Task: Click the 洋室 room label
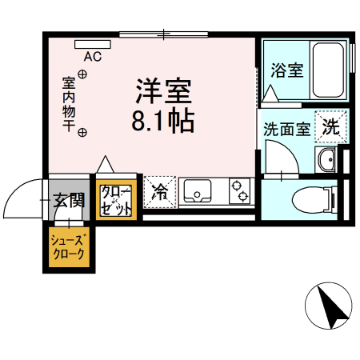[x=166, y=90]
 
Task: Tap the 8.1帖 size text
[x=166, y=122]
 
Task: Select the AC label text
[x=93, y=57]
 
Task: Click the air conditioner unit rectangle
[x=93, y=44]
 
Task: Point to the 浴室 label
[x=286, y=70]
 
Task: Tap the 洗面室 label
[x=286, y=128]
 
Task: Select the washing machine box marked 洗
[x=330, y=125]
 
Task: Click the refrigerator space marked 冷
[x=159, y=191]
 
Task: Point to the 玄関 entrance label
[x=68, y=200]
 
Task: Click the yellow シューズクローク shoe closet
[x=68, y=249]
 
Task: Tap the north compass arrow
[x=327, y=306]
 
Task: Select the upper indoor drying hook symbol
[x=82, y=75]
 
